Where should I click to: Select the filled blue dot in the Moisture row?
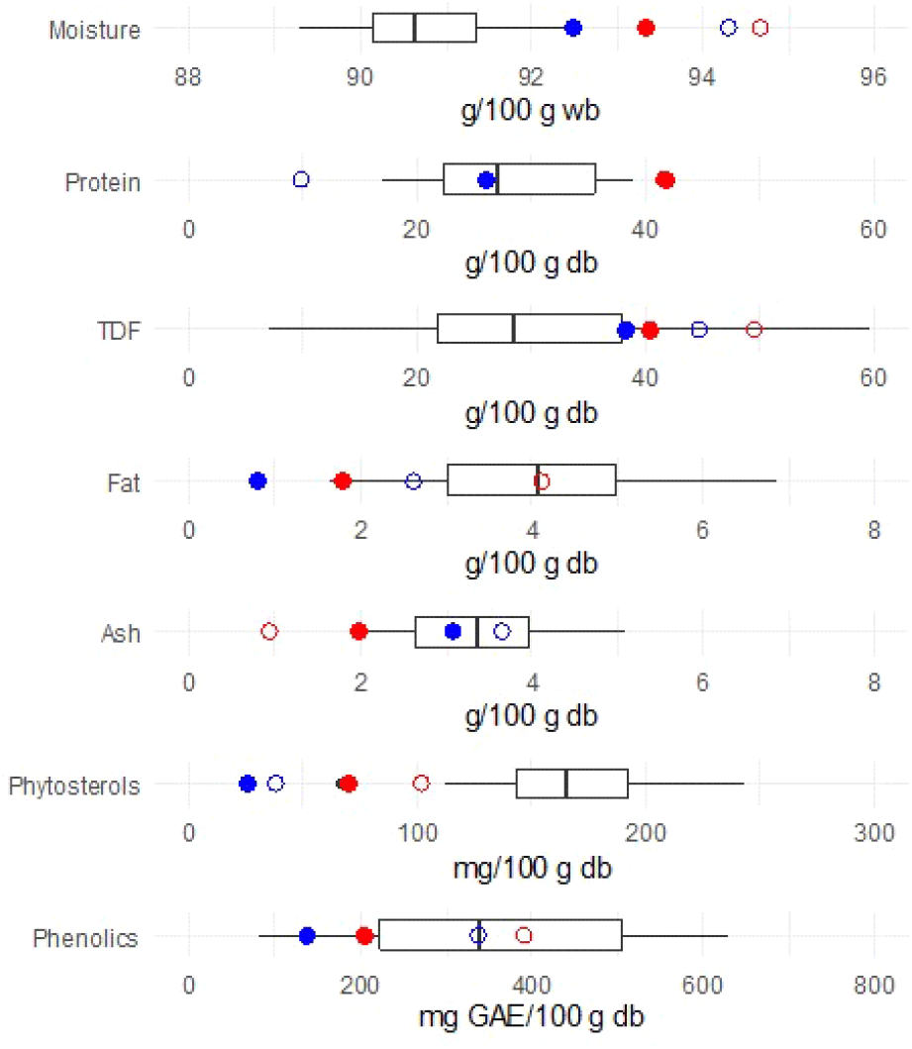click(572, 28)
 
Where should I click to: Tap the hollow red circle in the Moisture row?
click(760, 28)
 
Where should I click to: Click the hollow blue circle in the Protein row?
click(301, 179)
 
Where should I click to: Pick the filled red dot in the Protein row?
click(665, 179)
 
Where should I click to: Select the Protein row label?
click(103, 182)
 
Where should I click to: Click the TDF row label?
click(118, 332)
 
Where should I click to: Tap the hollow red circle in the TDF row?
click(754, 330)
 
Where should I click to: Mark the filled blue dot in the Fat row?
click(257, 480)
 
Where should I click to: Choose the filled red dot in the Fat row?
click(343, 480)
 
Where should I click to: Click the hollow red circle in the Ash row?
click(269, 631)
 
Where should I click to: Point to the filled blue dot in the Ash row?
click(453, 631)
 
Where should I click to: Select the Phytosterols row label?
click(74, 787)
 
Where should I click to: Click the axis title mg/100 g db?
click(532, 870)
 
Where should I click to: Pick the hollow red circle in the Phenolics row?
click(524, 935)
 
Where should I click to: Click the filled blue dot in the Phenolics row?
click(307, 935)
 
